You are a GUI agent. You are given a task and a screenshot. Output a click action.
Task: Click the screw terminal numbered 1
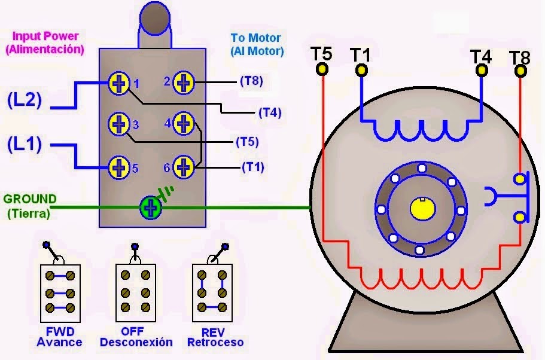(x=118, y=84)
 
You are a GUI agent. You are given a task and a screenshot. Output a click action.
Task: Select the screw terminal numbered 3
(x=118, y=124)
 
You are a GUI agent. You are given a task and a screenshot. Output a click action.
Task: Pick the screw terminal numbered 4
(x=184, y=124)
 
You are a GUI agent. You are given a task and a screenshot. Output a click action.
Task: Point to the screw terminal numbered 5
(x=118, y=167)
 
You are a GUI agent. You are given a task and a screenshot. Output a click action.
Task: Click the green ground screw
(x=151, y=208)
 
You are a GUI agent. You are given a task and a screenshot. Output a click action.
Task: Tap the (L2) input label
(x=25, y=100)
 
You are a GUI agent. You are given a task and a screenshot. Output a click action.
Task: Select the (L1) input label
(x=25, y=144)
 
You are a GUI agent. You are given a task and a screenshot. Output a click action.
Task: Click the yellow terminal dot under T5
(x=322, y=71)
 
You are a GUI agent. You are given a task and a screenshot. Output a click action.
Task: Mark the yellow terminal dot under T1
(x=361, y=71)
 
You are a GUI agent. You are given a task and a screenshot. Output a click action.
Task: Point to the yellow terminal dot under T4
(x=481, y=71)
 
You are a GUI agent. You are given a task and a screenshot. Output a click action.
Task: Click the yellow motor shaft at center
(x=422, y=209)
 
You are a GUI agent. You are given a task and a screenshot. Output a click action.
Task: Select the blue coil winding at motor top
(x=422, y=129)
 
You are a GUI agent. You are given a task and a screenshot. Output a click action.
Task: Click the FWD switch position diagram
(x=59, y=291)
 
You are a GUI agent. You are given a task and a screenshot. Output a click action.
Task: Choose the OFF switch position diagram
(x=135, y=291)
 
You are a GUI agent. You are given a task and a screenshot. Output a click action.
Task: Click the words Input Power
(x=45, y=36)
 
